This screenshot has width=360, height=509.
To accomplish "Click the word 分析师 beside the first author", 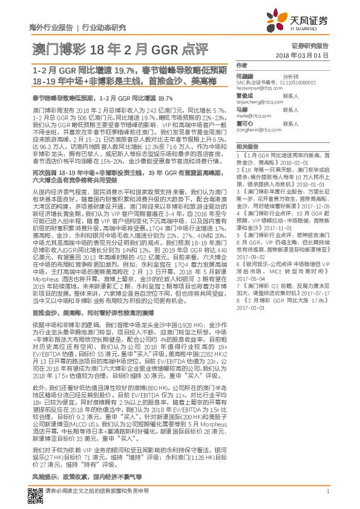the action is click(291, 77).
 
